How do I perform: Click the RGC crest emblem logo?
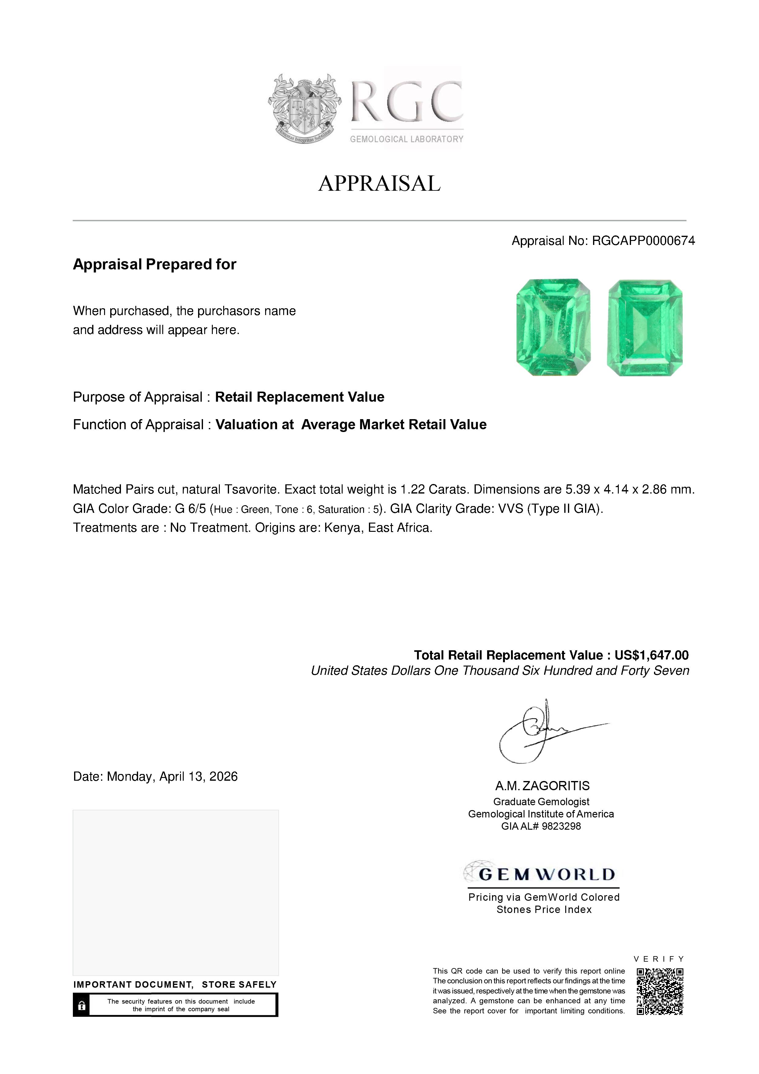pyautogui.click(x=304, y=108)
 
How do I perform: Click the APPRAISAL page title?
pyautogui.click(x=379, y=183)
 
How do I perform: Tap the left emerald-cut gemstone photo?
pyautogui.click(x=553, y=328)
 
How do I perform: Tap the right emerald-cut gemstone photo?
pyautogui.click(x=644, y=328)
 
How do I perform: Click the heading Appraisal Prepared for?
pyautogui.click(x=154, y=264)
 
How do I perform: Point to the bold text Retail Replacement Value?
pyautogui.click(x=299, y=397)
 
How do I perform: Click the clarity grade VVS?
pyautogui.click(x=510, y=509)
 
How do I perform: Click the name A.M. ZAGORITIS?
pyautogui.click(x=543, y=786)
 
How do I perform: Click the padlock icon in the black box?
pyautogui.click(x=82, y=1005)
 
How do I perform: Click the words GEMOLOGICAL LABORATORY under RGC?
pyautogui.click(x=406, y=139)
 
